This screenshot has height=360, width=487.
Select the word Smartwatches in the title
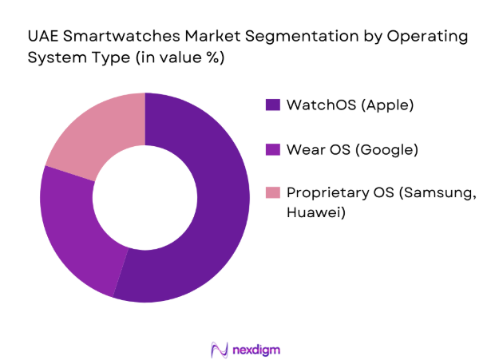[x=119, y=36]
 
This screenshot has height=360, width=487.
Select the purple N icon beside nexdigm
[x=217, y=350]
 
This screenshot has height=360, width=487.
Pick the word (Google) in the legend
[x=386, y=148]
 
